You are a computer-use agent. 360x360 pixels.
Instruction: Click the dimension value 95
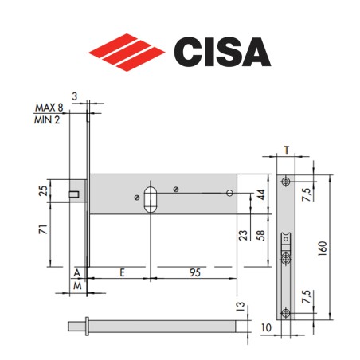(195, 271)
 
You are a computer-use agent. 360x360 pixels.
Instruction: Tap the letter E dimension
(121, 271)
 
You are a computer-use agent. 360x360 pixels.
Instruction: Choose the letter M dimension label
(78, 284)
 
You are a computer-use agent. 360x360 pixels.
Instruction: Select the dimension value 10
(264, 328)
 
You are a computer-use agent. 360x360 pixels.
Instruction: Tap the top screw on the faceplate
(286, 181)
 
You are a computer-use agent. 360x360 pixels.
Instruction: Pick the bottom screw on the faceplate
(286, 312)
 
